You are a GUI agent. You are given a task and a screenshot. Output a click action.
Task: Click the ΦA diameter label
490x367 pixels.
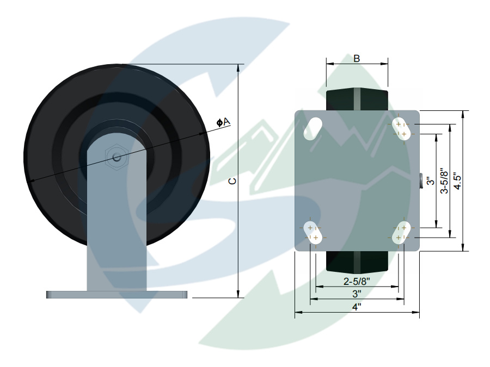[x=223, y=122]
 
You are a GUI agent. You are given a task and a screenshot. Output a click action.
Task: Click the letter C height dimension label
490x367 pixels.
[x=232, y=181]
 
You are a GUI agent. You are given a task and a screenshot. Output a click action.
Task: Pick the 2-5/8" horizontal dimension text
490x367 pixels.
[x=357, y=282]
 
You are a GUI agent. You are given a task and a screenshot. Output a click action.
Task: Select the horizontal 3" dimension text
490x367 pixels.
[x=357, y=294]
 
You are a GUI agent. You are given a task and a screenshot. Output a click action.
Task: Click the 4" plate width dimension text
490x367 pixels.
[x=357, y=307]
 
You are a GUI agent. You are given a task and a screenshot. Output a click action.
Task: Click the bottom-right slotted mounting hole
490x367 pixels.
[x=401, y=232]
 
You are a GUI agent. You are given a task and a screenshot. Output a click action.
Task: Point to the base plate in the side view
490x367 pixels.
[x=117, y=295]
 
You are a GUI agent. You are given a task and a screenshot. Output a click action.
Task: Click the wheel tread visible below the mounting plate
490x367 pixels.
[x=357, y=262]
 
